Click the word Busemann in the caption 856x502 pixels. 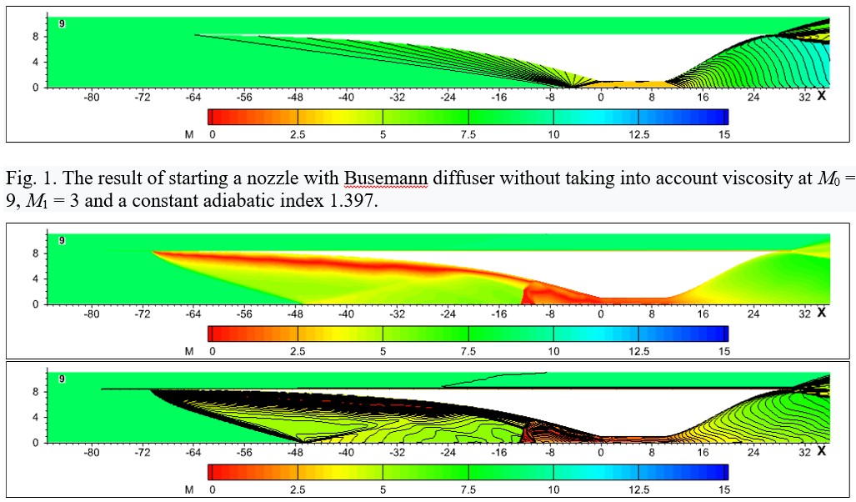tap(385, 178)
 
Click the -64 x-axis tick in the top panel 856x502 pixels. tap(193, 98)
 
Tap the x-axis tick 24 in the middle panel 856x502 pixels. tap(753, 314)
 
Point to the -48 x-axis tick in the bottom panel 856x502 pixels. tap(295, 452)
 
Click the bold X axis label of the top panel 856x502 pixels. tap(821, 96)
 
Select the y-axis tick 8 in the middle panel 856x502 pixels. tap(36, 254)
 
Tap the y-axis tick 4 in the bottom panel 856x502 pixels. tap(36, 417)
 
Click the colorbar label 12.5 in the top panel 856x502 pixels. tap(638, 134)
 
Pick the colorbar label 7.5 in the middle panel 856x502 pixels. tap(468, 351)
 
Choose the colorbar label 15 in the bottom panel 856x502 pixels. tap(723, 489)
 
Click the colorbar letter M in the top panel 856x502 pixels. tap(189, 134)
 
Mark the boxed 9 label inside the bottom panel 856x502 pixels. tap(62, 379)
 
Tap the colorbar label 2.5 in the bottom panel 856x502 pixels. tap(298, 489)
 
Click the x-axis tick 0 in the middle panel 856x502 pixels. tap(601, 314)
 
